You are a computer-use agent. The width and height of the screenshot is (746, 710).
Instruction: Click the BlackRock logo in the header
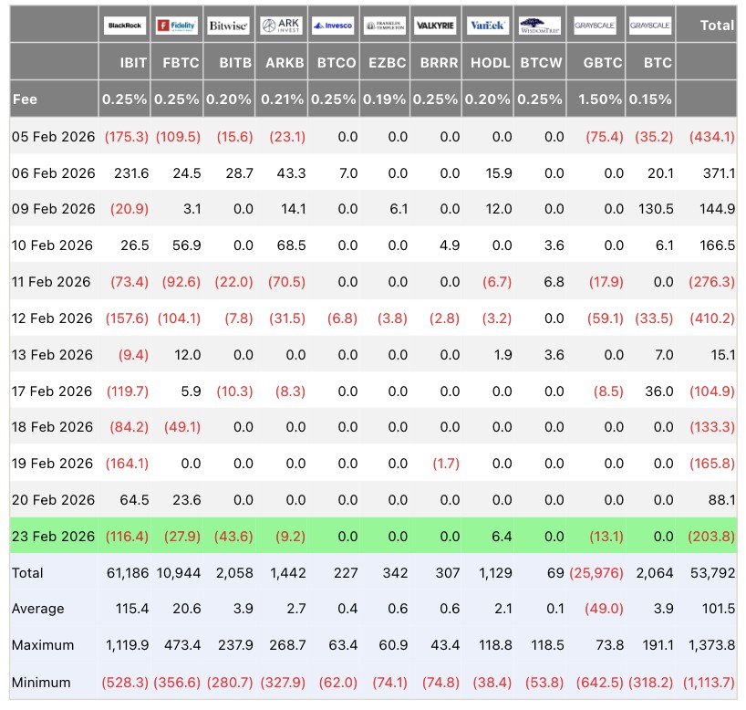[125, 26]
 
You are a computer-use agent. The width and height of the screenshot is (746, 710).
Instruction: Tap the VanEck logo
[488, 26]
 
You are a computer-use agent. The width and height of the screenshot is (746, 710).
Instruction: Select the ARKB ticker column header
[285, 62]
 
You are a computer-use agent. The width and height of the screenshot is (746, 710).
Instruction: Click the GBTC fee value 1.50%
[600, 99]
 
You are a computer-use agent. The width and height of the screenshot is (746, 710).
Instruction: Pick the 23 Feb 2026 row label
[53, 537]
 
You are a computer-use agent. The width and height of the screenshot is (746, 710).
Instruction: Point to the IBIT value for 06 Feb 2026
[131, 172]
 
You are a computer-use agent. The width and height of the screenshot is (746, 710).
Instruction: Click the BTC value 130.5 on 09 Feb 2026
[656, 209]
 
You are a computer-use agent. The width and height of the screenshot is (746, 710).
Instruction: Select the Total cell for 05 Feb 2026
[711, 137]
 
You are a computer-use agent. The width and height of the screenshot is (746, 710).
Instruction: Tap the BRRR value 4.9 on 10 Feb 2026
[450, 245]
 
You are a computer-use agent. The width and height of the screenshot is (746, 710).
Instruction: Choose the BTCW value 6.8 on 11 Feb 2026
[554, 281]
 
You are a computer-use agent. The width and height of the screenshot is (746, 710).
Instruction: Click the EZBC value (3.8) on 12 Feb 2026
[392, 318]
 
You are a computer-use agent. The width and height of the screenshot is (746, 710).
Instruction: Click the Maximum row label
[43, 645]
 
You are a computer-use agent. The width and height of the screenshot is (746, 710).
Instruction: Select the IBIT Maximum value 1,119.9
[127, 645]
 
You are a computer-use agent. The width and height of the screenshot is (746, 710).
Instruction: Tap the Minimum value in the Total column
[709, 683]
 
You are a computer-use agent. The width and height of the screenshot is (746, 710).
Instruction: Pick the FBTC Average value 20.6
[186, 608]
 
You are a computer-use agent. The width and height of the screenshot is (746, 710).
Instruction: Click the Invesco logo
[333, 26]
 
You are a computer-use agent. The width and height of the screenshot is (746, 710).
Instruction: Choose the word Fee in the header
[25, 99]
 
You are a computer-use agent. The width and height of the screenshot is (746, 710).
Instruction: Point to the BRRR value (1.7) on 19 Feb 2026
[446, 464]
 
